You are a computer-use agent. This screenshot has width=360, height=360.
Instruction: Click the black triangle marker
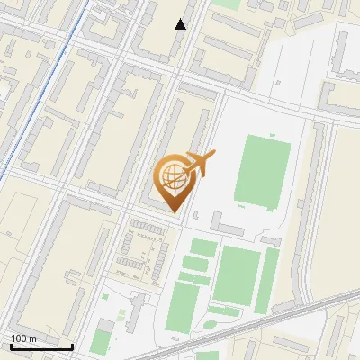point(181,24)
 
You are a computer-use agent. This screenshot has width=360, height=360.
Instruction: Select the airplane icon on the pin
point(199,163)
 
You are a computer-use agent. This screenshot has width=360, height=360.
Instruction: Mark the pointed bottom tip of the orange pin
point(175,212)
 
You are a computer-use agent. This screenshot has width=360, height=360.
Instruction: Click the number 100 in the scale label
point(18,337)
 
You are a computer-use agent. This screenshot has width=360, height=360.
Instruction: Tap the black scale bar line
point(41,346)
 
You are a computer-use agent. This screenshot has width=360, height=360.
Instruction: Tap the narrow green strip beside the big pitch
point(267,280)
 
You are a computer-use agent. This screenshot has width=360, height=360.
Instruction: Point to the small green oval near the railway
point(212,324)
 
